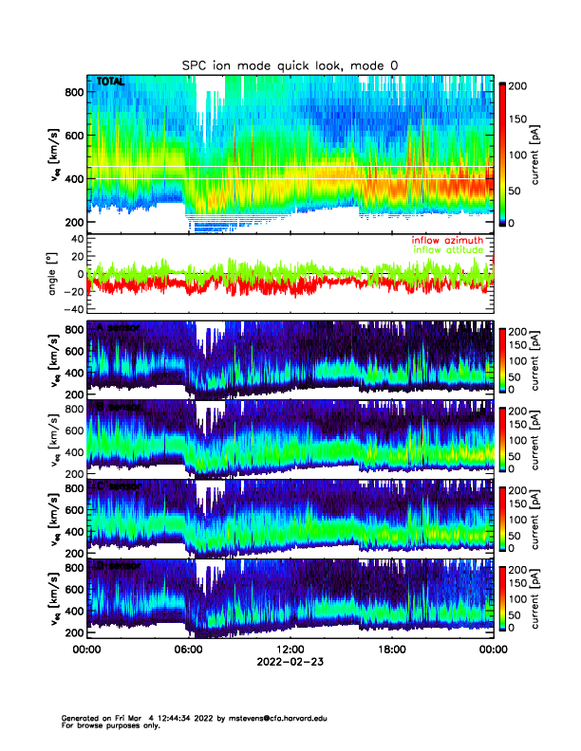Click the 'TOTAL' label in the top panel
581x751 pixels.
point(110,83)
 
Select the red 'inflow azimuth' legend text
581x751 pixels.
point(447,241)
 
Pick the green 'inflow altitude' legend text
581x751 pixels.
point(447,250)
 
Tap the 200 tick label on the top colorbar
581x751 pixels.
point(521,85)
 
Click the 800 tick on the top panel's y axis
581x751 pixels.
point(74,92)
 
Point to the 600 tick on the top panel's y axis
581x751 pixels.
point(74,135)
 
